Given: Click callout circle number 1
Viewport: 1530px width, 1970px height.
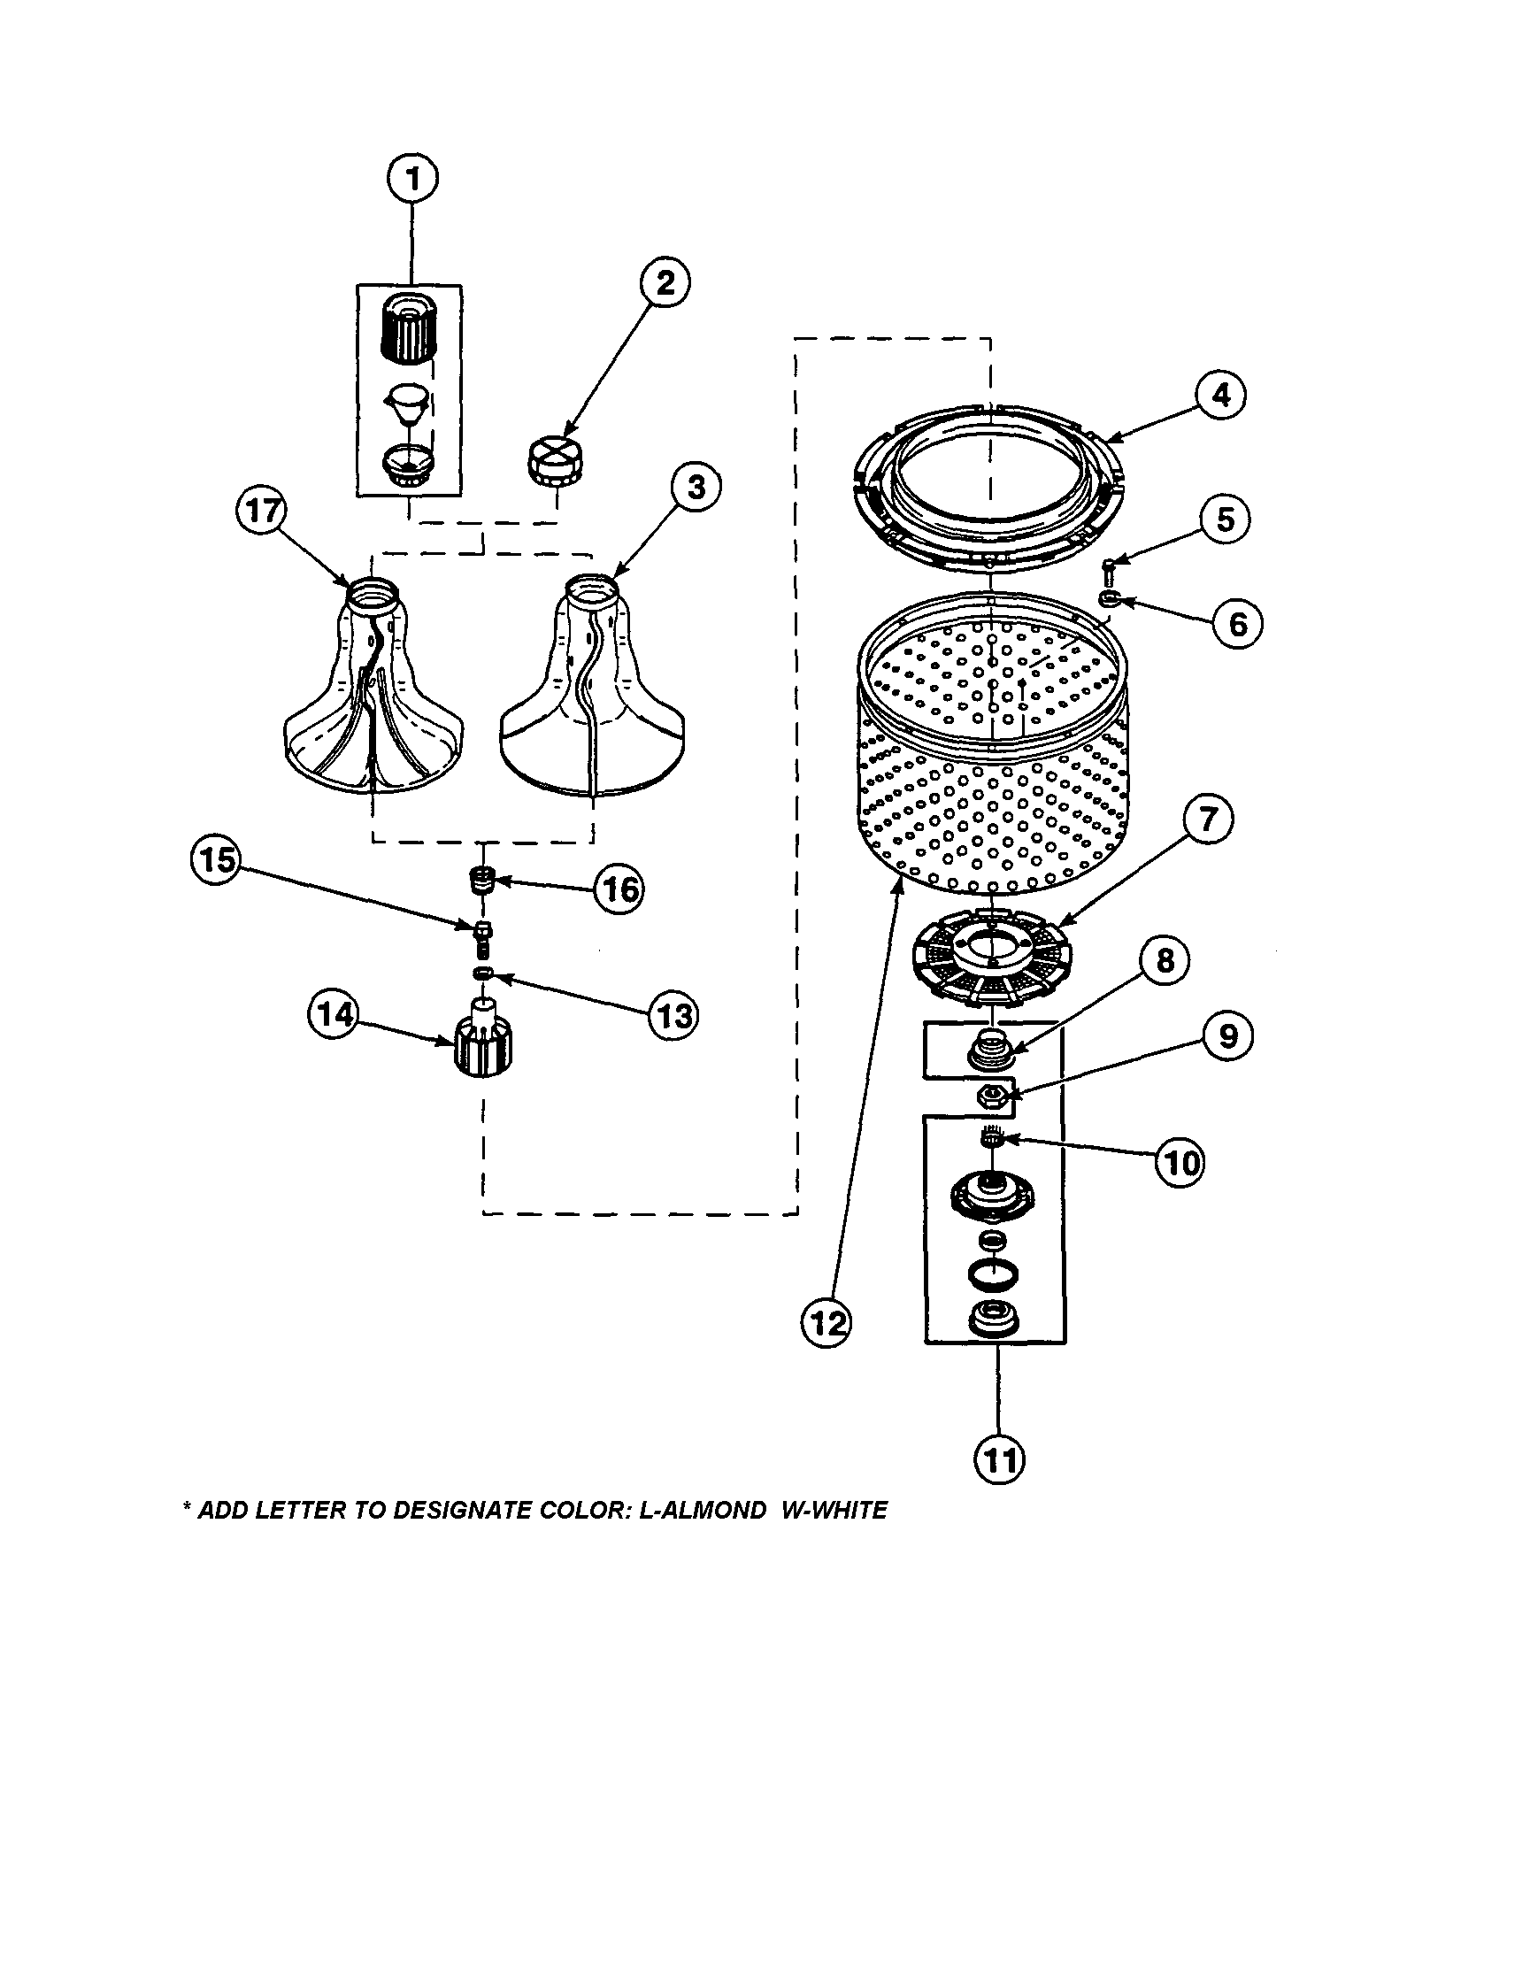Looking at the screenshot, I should point(412,180).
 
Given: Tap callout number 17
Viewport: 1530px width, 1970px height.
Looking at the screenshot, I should point(262,512).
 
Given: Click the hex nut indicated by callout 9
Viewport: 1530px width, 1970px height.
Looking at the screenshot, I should point(992,1095).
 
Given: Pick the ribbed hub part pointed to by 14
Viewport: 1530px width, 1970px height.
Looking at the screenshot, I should point(483,1046).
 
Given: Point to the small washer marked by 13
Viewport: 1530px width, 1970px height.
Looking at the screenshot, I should point(483,973).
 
